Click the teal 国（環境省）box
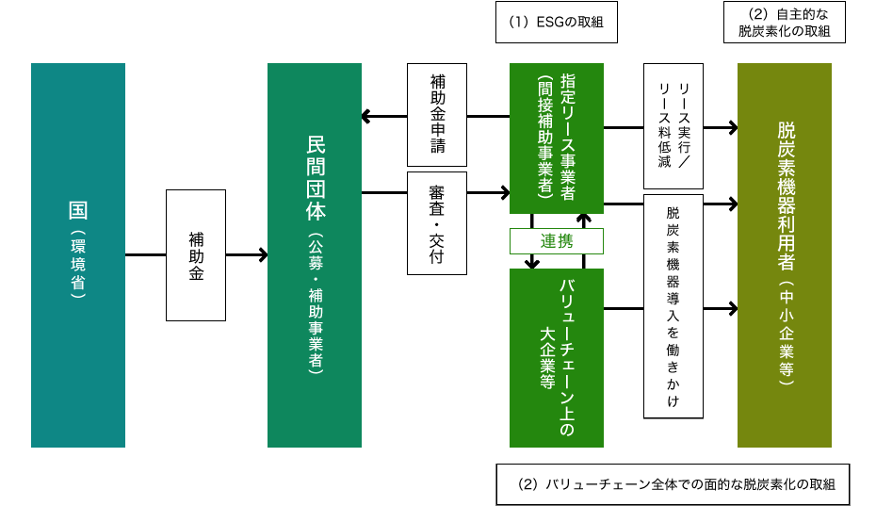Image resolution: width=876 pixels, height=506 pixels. coord(78,254)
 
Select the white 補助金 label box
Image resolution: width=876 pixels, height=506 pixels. coord(196,254)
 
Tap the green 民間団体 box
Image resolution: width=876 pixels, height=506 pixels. coord(315,254)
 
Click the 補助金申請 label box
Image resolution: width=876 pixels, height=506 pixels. coord(437,115)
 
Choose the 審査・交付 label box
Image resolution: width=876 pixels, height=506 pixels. coord(437,223)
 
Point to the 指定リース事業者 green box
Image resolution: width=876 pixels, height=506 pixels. coord(556,138)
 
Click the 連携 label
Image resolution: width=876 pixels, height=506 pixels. coord(556,241)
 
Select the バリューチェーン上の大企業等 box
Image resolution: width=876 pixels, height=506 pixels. coord(556,358)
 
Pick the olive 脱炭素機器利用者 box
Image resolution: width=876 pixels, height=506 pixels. coord(785,254)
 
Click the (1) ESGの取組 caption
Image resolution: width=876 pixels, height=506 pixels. coord(556,23)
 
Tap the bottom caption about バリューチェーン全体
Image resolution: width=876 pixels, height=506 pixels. coord(673,484)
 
